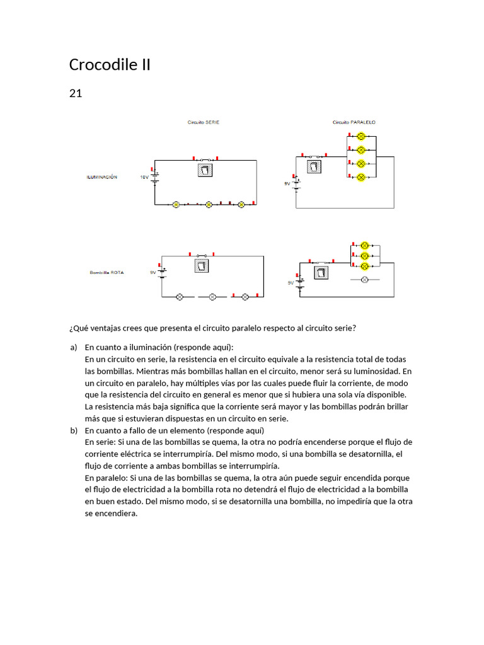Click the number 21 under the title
pyautogui.click(x=75, y=94)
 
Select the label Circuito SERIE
pyautogui.click(x=204, y=122)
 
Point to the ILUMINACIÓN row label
pyautogui.click(x=101, y=178)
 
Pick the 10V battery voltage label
pyautogui.click(x=144, y=178)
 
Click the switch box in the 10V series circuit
pyautogui.click(x=205, y=170)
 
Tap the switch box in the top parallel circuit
pyautogui.click(x=314, y=167)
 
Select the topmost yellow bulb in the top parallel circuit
pyautogui.click(x=361, y=136)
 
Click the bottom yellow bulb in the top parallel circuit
pyautogui.click(x=361, y=178)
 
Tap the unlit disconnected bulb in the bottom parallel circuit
pyautogui.click(x=364, y=278)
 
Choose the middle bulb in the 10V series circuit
pyautogui.click(x=209, y=205)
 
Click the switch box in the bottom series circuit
pyautogui.click(x=201, y=266)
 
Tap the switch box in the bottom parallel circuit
pyautogui.click(x=321, y=273)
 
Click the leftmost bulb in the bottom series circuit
pyautogui.click(x=179, y=297)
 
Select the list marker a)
pyautogui.click(x=73, y=347)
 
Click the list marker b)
pyautogui.click(x=73, y=430)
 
